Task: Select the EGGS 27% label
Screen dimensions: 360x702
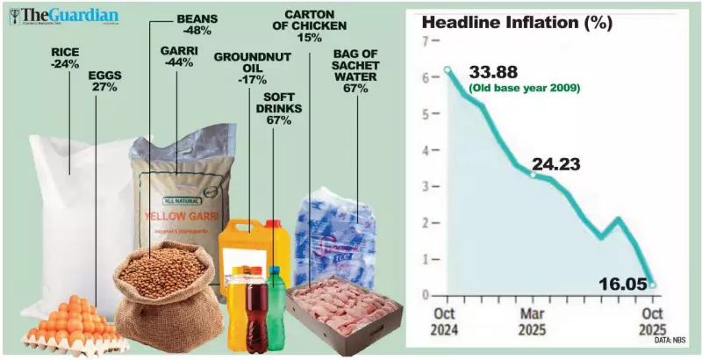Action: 105,82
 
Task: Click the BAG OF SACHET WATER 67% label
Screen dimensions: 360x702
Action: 356,75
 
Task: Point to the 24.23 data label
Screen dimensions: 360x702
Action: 562,162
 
